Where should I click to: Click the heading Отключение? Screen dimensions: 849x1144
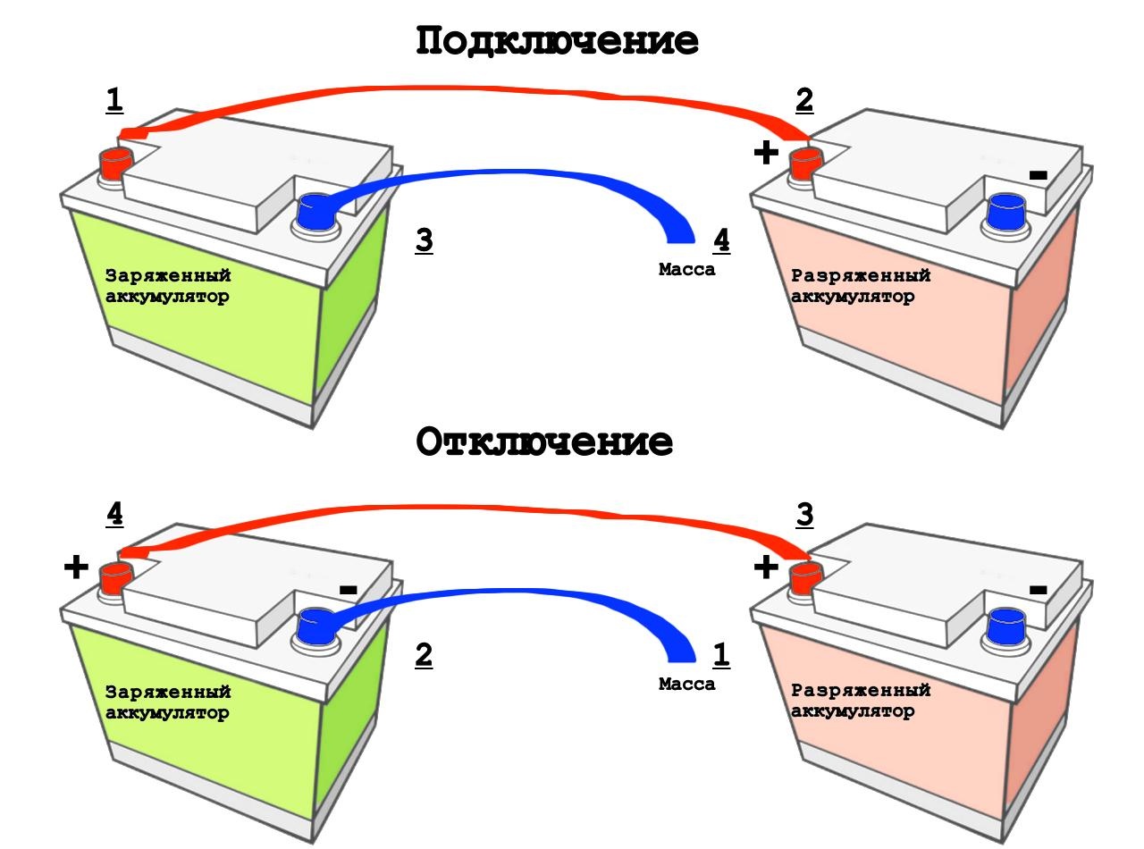544,442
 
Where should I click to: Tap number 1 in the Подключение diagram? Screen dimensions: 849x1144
114,99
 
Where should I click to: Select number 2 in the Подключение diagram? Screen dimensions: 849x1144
804,100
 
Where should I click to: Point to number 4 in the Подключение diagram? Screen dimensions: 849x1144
721,240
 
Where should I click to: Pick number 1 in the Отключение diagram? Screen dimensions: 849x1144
721,655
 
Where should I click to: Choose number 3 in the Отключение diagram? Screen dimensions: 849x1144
804,515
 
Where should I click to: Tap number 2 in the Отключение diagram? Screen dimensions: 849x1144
424,655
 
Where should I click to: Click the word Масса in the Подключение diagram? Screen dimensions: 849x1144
686,270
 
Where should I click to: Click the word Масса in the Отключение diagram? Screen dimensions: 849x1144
686,685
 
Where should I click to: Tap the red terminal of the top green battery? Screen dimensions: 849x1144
114,164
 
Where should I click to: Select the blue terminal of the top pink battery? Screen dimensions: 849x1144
1005,212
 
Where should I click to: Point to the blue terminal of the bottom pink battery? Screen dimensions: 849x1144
1005,626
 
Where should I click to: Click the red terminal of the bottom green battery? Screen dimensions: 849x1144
114,578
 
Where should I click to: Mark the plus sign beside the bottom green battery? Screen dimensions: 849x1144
76,567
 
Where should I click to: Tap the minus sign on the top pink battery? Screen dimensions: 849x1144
1038,176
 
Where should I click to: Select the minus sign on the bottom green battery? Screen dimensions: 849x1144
349,590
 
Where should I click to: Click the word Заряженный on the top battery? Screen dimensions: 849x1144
168,276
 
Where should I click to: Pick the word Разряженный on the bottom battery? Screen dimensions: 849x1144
861,691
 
